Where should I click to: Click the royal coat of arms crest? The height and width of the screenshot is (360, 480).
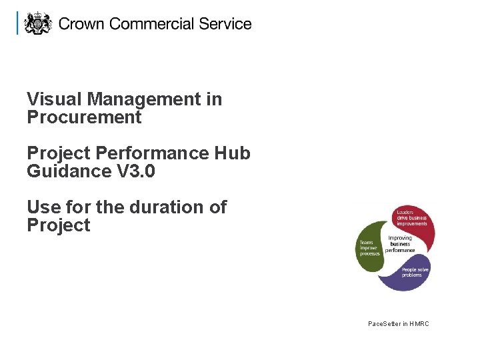click(x=37, y=23)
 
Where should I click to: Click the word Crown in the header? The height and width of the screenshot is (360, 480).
click(x=82, y=24)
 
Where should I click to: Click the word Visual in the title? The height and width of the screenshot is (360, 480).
click(x=55, y=99)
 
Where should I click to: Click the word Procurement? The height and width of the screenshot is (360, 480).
click(x=84, y=118)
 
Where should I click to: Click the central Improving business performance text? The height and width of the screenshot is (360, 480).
click(x=400, y=244)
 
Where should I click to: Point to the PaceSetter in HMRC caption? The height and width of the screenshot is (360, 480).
click(x=399, y=324)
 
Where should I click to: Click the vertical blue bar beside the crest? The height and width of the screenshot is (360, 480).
click(x=18, y=23)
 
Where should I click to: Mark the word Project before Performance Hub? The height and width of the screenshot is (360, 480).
click(x=58, y=153)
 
